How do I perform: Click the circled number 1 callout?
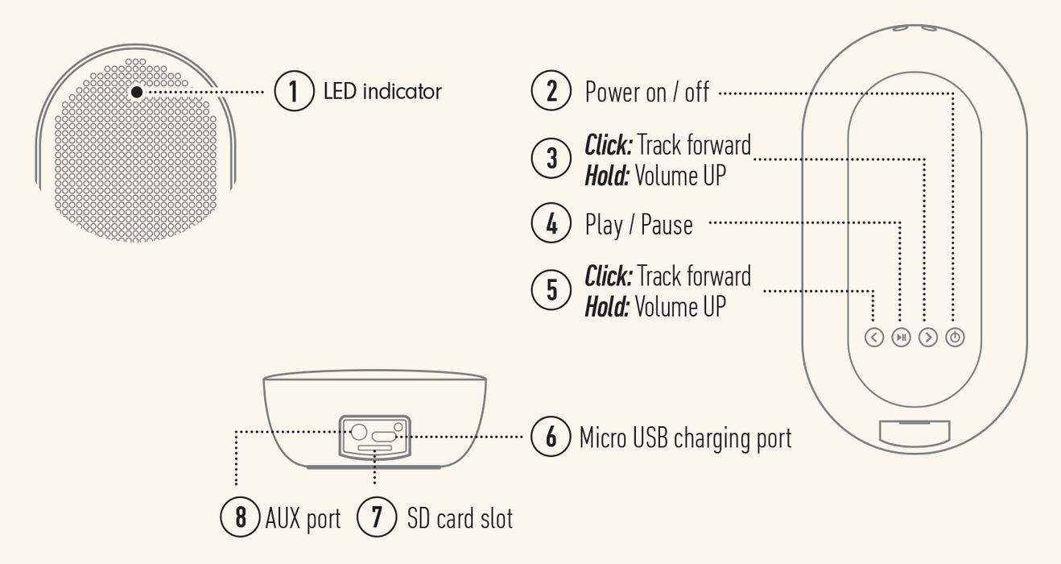click(x=294, y=91)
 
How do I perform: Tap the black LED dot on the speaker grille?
click(x=137, y=92)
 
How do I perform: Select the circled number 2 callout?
click(x=551, y=90)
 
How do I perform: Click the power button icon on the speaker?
click(x=955, y=338)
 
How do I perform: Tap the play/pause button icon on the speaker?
click(x=902, y=338)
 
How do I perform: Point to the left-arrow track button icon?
click(x=874, y=338)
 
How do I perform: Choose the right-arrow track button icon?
click(x=928, y=338)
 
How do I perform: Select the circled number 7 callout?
click(x=377, y=516)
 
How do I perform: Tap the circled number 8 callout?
click(x=240, y=516)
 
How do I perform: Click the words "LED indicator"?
click(x=382, y=91)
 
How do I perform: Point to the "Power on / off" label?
click(x=646, y=92)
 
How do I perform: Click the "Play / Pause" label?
click(x=638, y=225)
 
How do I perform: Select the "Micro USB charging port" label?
click(x=685, y=438)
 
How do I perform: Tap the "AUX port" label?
click(x=303, y=519)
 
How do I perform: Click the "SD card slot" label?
click(x=460, y=519)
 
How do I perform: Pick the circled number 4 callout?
click(x=551, y=223)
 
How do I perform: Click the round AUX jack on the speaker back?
click(x=360, y=431)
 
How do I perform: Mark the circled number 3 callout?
click(x=551, y=158)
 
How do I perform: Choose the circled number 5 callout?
click(x=551, y=290)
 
